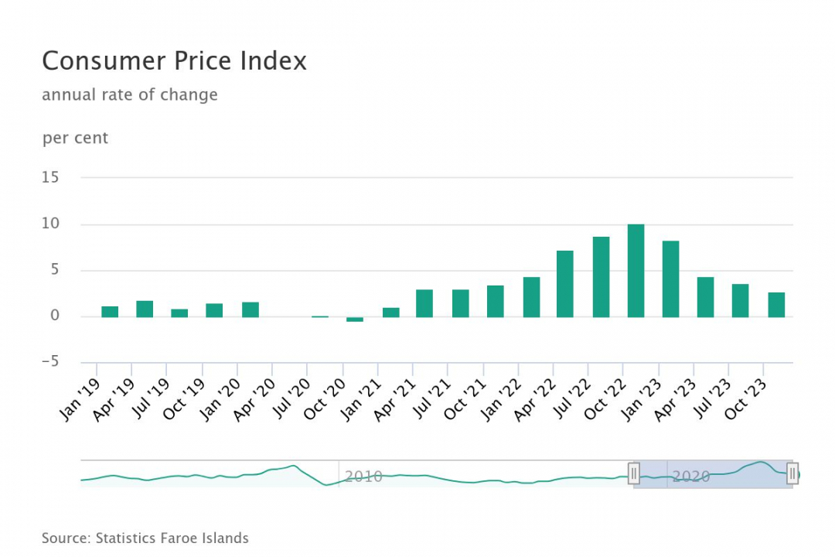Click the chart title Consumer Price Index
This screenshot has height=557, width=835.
(174, 61)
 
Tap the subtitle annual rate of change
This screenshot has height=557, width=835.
(130, 95)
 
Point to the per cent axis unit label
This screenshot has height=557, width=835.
(75, 138)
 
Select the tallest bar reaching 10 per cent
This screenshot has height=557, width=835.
(636, 271)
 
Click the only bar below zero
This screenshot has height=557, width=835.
(355, 319)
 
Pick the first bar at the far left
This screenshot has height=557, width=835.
(110, 312)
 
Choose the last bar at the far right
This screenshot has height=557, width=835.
(776, 305)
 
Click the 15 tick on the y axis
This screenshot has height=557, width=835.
(50, 177)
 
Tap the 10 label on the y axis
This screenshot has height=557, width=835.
(50, 224)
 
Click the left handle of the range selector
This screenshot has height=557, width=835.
(634, 473)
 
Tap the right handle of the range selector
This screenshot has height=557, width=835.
(792, 473)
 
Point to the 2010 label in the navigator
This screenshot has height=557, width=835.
(363, 477)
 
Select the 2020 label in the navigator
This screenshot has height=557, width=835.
(690, 477)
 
